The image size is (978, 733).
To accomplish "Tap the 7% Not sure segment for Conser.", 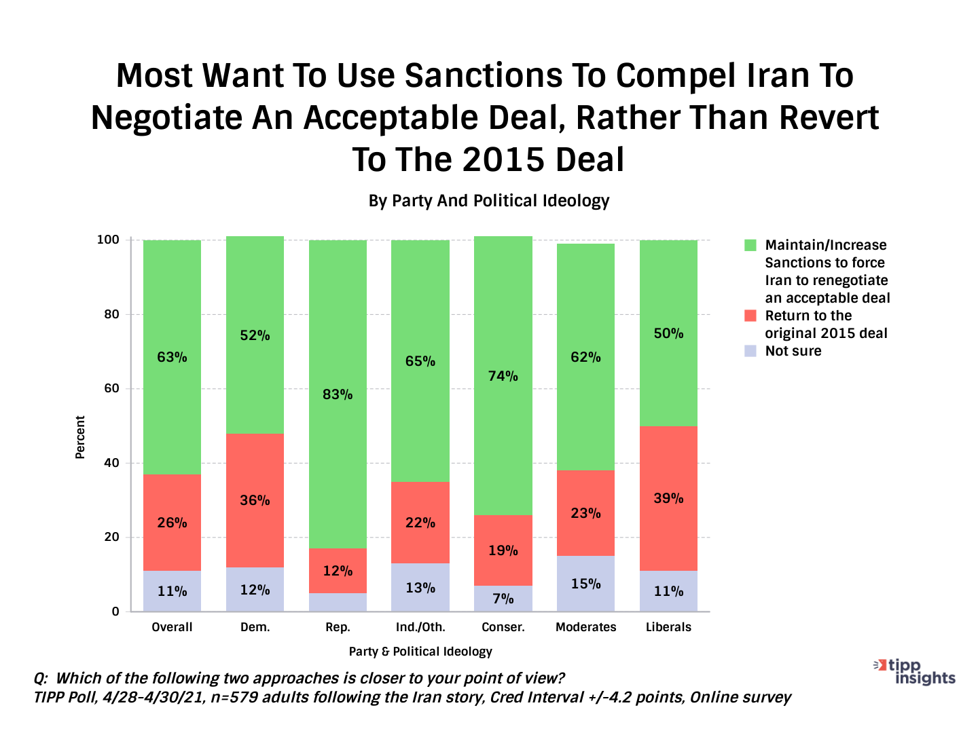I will point(503,599).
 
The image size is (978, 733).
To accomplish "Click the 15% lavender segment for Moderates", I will point(585,584).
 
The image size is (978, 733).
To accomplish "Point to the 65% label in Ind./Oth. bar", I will point(420,362).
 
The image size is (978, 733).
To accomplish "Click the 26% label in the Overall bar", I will point(172,523).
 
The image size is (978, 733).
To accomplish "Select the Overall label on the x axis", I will point(172,627).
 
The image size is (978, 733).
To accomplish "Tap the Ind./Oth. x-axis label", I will point(420,627).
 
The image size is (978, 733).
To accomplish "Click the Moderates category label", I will point(585,627).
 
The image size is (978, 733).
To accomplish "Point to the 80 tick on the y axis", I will point(111,314).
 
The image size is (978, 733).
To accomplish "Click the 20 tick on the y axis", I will point(111,537).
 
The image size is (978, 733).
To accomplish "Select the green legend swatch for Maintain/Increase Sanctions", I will point(750,245).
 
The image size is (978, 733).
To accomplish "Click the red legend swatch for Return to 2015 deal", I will point(750,316).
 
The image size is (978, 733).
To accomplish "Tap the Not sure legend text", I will point(793,351).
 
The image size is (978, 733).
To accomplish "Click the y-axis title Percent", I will point(80,438).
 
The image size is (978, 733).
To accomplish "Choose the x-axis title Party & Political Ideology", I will point(420,652).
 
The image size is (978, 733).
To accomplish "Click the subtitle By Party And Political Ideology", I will point(489,201).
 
